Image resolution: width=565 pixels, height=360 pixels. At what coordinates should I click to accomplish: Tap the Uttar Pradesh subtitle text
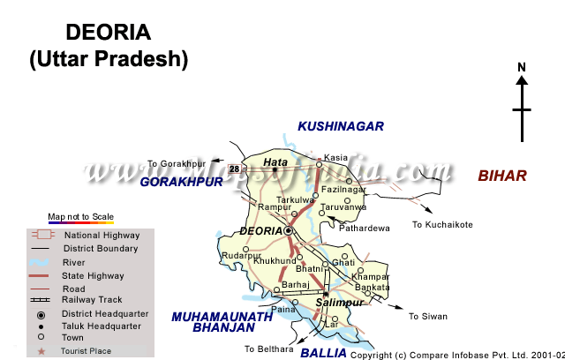pyautogui.click(x=109, y=60)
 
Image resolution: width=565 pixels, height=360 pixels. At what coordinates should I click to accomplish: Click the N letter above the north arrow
pyautogui.click(x=522, y=67)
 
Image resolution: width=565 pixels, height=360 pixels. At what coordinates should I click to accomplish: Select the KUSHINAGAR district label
pyautogui.click(x=340, y=126)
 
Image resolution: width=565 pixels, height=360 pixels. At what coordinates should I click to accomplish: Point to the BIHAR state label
pyautogui.click(x=502, y=176)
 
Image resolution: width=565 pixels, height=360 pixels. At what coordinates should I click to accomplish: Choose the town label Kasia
pyautogui.click(x=336, y=156)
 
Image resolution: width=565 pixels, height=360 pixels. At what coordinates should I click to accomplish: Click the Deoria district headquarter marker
pyautogui.click(x=288, y=230)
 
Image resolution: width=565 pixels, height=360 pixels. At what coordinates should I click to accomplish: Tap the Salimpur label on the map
pyautogui.click(x=338, y=303)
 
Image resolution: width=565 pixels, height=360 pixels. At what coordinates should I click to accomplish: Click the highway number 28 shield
pyautogui.click(x=234, y=168)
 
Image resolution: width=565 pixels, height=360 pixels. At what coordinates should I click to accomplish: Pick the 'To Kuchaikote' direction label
pyautogui.click(x=442, y=224)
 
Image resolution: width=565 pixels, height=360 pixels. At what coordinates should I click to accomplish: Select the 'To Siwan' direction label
pyautogui.click(x=428, y=316)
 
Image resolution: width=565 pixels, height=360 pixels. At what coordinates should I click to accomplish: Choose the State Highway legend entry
pyautogui.click(x=93, y=275)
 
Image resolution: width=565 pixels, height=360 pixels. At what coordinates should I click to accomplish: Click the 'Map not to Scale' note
pyautogui.click(x=80, y=216)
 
